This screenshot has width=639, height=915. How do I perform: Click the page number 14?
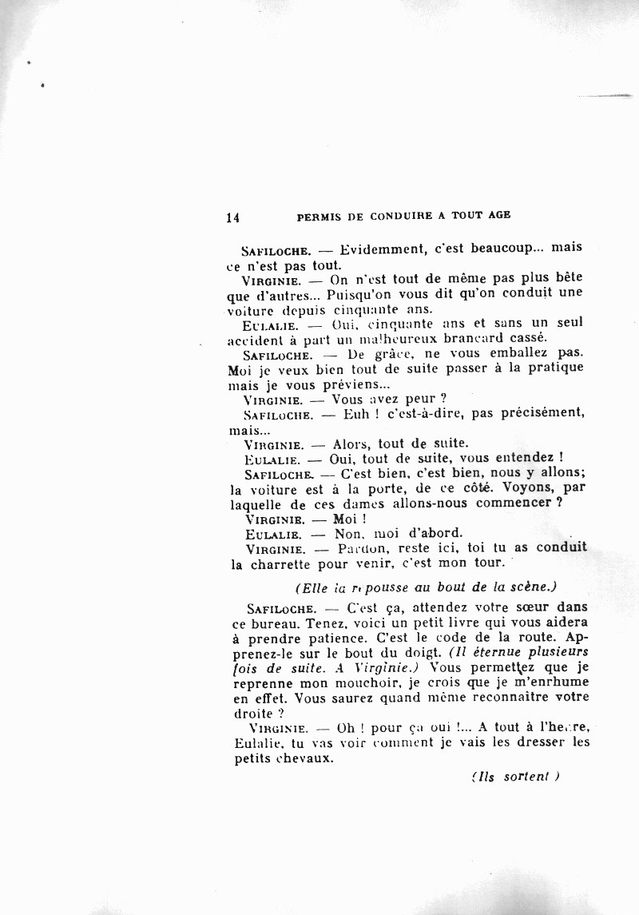point(233,216)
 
